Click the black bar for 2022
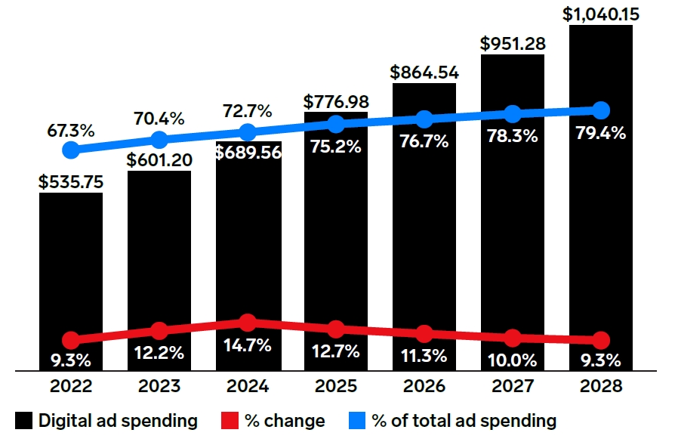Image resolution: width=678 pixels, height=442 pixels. click(71, 281)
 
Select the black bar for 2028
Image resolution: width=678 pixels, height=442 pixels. click(600, 198)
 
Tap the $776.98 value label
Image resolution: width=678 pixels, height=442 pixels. click(336, 102)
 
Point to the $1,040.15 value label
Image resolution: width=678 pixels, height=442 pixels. click(600, 14)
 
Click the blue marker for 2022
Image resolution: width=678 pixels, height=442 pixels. click(71, 150)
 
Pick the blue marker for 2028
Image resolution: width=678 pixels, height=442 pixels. click(600, 110)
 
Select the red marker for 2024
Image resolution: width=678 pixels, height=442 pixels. click(248, 323)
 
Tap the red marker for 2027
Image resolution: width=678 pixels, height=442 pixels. click(513, 338)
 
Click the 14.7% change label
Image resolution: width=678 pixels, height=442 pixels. click(248, 345)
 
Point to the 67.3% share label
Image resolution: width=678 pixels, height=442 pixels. click(71, 130)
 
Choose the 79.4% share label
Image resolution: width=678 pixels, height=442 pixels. click(600, 133)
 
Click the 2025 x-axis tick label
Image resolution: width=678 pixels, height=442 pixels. click(336, 386)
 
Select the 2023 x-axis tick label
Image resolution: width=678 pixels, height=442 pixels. click(159, 386)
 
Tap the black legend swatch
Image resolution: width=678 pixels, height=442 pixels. click(23, 420)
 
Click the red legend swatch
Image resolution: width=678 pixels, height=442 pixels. click(230, 420)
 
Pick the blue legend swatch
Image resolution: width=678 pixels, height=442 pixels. click(357, 420)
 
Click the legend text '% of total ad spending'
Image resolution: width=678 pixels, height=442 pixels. click(464, 421)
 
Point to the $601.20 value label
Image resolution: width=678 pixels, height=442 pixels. click(159, 160)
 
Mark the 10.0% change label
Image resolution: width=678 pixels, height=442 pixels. click(513, 360)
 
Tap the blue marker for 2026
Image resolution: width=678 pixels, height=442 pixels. click(424, 119)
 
